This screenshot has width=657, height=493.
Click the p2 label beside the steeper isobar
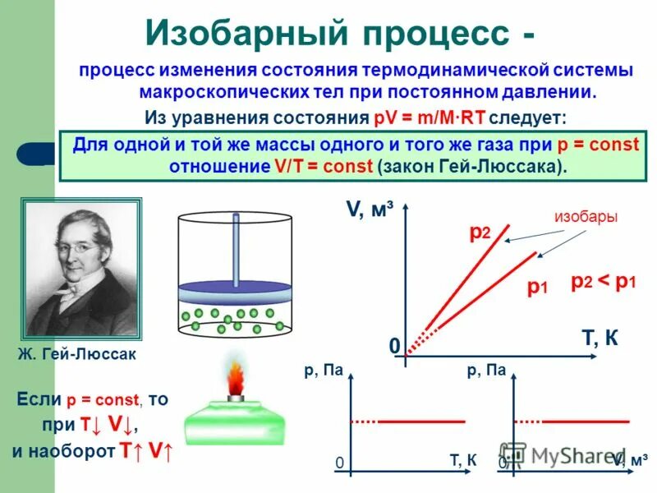click(480, 233)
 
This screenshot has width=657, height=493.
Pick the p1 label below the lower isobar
click(537, 287)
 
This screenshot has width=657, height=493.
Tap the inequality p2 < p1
click(604, 281)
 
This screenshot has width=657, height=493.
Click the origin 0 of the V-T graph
click(393, 347)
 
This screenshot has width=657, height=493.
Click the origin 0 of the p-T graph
click(338, 463)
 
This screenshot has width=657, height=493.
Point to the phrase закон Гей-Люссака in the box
click(471, 165)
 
